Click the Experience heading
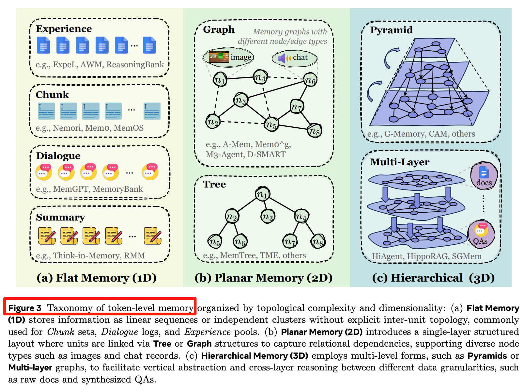(64, 29)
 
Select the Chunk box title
(52, 95)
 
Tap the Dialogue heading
(58, 156)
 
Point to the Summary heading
(60, 217)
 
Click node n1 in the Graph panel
(220, 79)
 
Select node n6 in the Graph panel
(310, 79)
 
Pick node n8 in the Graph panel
(315, 131)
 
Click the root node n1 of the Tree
(262, 194)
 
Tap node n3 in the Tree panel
(268, 216)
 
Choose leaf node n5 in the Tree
(214, 241)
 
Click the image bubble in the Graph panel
(228, 57)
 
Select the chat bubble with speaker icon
(294, 58)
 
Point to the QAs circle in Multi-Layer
(480, 234)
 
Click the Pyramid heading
(391, 30)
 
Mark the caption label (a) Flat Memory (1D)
(97, 278)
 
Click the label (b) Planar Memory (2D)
(263, 278)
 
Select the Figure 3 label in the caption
(25, 308)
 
